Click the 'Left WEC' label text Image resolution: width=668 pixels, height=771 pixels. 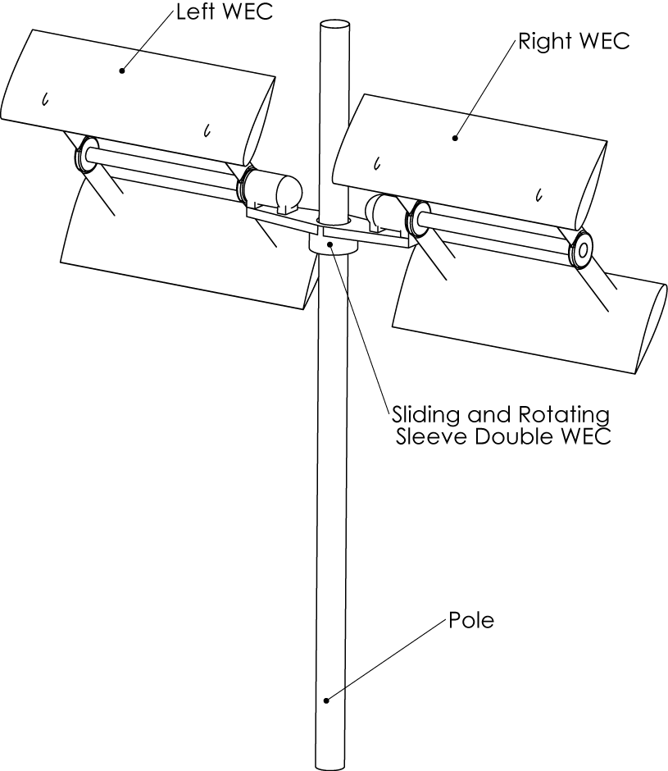click(224, 11)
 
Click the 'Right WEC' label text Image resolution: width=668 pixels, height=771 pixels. click(574, 41)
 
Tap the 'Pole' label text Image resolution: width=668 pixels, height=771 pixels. click(471, 620)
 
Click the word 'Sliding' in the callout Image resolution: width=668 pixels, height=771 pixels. click(426, 416)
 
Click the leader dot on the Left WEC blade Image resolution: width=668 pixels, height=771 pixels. click(122, 71)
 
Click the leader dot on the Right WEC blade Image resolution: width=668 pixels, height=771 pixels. click(455, 139)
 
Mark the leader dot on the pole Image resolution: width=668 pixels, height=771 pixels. click(326, 700)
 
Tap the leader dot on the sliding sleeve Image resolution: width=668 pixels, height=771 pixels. click(331, 244)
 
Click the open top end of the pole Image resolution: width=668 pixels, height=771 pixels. click(334, 25)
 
